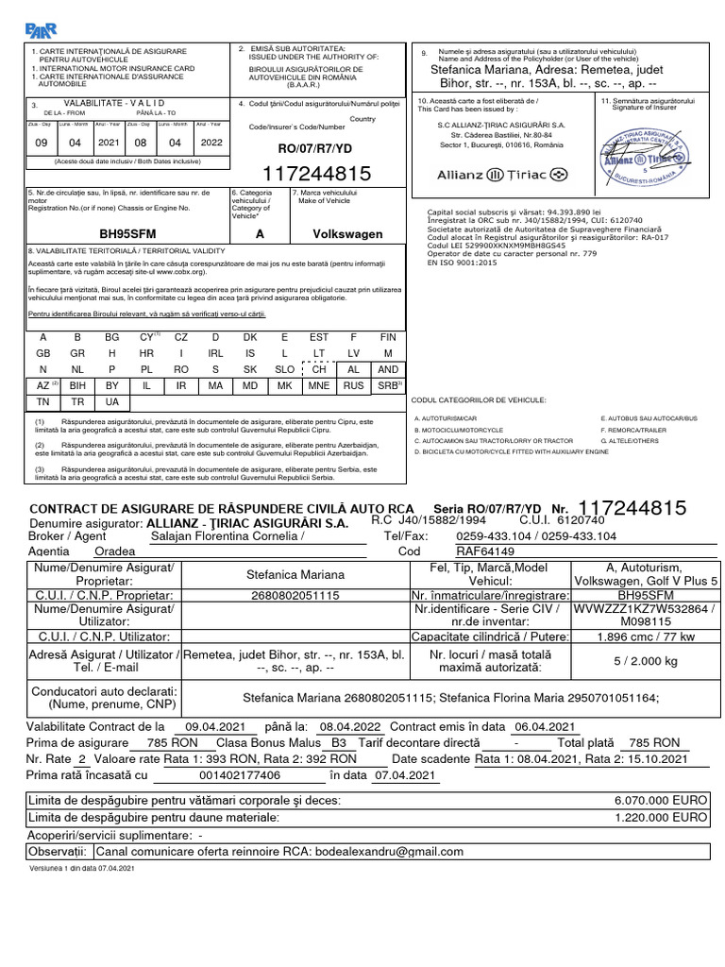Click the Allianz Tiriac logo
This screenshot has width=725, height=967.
[x=502, y=175]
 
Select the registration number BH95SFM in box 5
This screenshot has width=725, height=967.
[x=127, y=233]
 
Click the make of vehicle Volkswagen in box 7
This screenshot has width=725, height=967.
[x=347, y=233]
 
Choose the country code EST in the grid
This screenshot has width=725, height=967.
[x=319, y=337]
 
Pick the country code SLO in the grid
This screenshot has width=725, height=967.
[x=284, y=369]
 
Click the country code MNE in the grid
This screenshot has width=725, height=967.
[x=319, y=386]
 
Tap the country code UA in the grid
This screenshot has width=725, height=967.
[x=112, y=402]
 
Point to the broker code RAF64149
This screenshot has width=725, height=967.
[x=485, y=551]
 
